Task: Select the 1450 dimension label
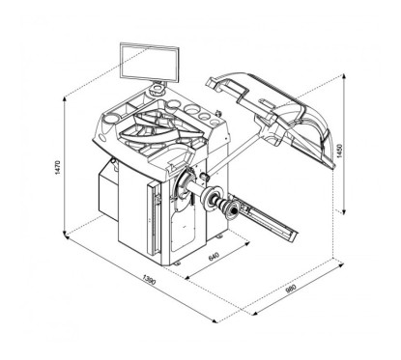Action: [x=337, y=152]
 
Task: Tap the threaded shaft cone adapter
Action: [x=228, y=205]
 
